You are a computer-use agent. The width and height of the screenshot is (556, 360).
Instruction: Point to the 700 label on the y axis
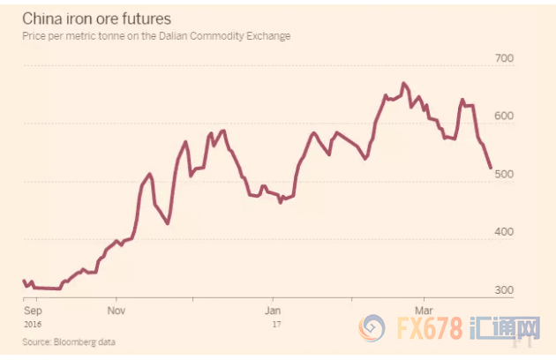(x=503, y=58)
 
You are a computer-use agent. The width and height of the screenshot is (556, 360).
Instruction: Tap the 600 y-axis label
(x=503, y=116)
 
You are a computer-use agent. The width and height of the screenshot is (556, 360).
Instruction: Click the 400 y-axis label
(x=503, y=233)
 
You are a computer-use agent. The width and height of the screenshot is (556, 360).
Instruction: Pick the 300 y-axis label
(x=503, y=291)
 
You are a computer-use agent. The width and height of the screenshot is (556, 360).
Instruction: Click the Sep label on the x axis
(x=32, y=311)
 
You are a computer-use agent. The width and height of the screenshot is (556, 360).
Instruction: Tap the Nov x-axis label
(x=116, y=311)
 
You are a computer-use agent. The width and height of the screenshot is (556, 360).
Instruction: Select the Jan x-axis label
(x=273, y=311)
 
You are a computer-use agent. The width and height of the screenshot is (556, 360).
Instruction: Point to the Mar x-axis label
(x=425, y=311)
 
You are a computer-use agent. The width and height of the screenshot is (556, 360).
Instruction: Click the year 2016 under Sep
(x=34, y=324)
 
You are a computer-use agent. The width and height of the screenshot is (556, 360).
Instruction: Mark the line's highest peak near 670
(x=403, y=83)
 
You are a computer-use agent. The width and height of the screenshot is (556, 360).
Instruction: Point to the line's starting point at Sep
(x=24, y=281)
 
